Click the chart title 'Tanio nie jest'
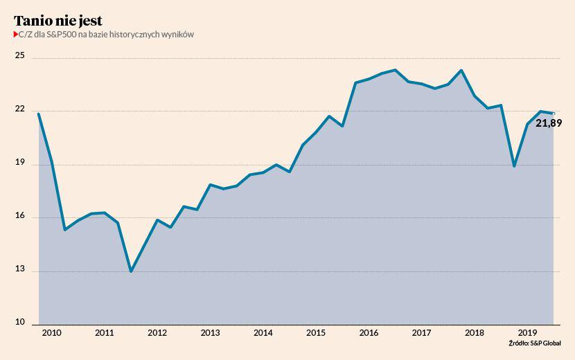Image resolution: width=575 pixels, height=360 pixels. point(58,20)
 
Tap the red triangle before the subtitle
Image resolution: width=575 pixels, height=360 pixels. point(16,35)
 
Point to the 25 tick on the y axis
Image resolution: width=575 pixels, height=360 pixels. point(19,56)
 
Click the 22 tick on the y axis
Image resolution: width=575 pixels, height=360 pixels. point(19,109)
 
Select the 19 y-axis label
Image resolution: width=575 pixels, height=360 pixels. point(19,163)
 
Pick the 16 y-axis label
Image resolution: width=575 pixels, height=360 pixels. point(19,217)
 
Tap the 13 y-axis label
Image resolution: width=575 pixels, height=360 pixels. point(19,270)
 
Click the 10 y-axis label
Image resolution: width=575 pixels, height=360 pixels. point(19,323)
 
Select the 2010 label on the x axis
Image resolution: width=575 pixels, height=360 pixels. point(51,333)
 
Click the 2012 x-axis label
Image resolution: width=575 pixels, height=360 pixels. point(157,333)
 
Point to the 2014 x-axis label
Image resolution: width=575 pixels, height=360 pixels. point(263,333)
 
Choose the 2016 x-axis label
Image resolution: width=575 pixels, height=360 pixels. point(369,333)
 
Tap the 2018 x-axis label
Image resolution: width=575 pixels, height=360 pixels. point(474,333)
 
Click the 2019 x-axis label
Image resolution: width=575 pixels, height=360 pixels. point(527,333)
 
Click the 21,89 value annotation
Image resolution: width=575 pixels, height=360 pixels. point(549,123)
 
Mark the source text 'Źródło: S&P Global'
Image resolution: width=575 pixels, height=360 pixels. point(535,343)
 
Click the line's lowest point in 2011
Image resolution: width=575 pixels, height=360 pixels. point(131,271)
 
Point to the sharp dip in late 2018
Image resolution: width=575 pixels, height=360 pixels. point(514,166)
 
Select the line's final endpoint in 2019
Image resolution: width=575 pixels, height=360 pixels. point(553,114)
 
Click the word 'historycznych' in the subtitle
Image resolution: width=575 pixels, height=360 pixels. point(134,35)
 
